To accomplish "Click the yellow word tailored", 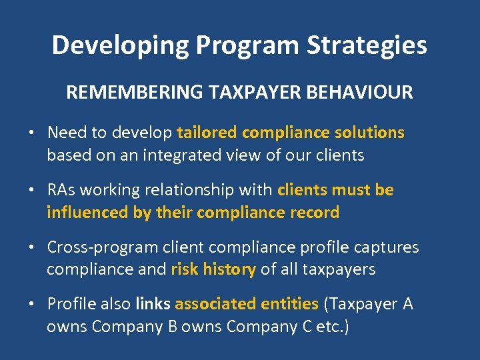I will (x=207, y=133).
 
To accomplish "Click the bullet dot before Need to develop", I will (x=32, y=133).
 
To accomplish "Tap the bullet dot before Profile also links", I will (x=32, y=304).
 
